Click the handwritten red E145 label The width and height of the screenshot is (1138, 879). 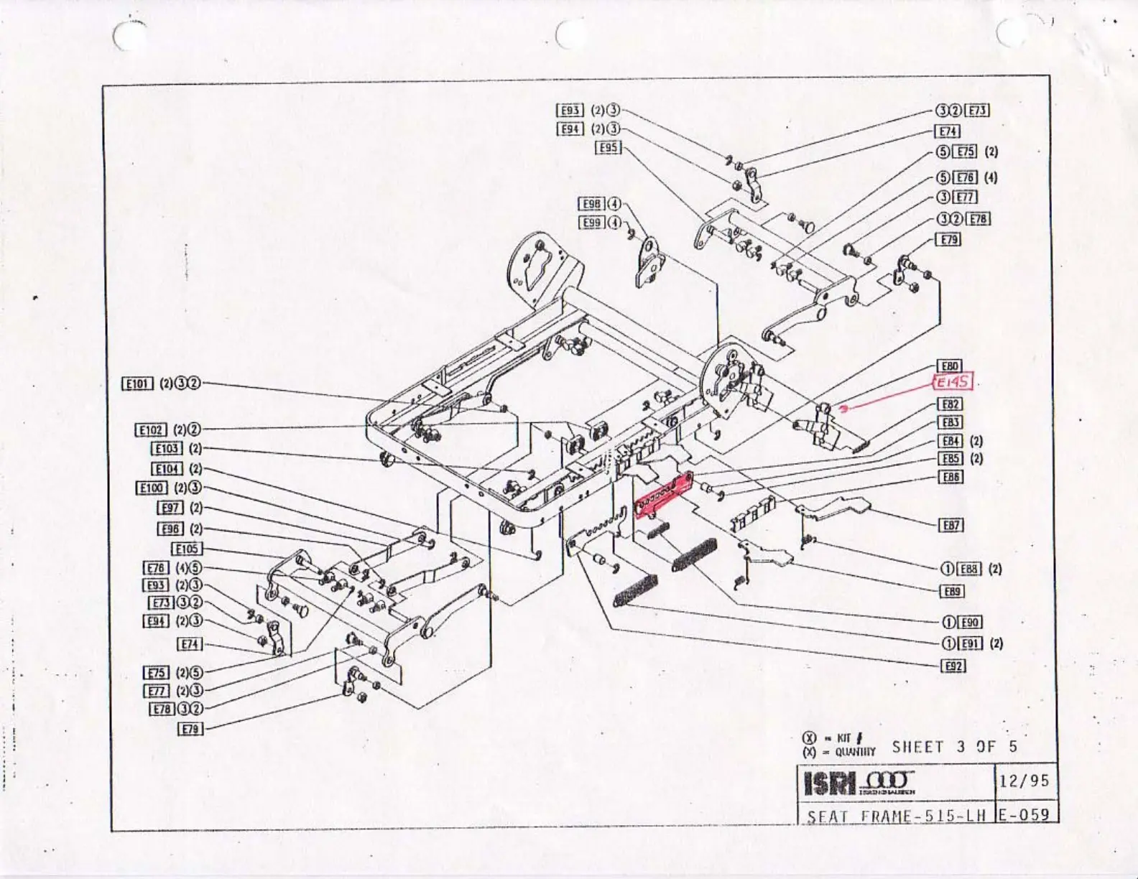[953, 383]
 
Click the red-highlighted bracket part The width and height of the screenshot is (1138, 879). [662, 496]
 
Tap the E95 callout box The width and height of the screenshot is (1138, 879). [609, 147]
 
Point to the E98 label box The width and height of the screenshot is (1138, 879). [593, 204]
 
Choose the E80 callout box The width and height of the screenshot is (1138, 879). [950, 366]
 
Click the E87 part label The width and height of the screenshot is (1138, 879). [951, 526]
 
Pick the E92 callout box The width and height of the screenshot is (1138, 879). [953, 666]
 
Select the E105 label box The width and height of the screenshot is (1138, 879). [187, 549]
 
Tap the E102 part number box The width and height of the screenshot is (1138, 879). [151, 430]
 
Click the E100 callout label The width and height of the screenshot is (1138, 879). [152, 488]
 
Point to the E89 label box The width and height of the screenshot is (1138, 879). [952, 592]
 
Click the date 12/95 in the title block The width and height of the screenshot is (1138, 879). [1024, 781]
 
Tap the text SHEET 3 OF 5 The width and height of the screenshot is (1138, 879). [955, 747]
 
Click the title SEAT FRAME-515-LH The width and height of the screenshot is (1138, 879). [897, 817]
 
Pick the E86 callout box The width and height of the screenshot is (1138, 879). [951, 478]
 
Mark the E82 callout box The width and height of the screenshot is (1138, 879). [951, 405]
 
